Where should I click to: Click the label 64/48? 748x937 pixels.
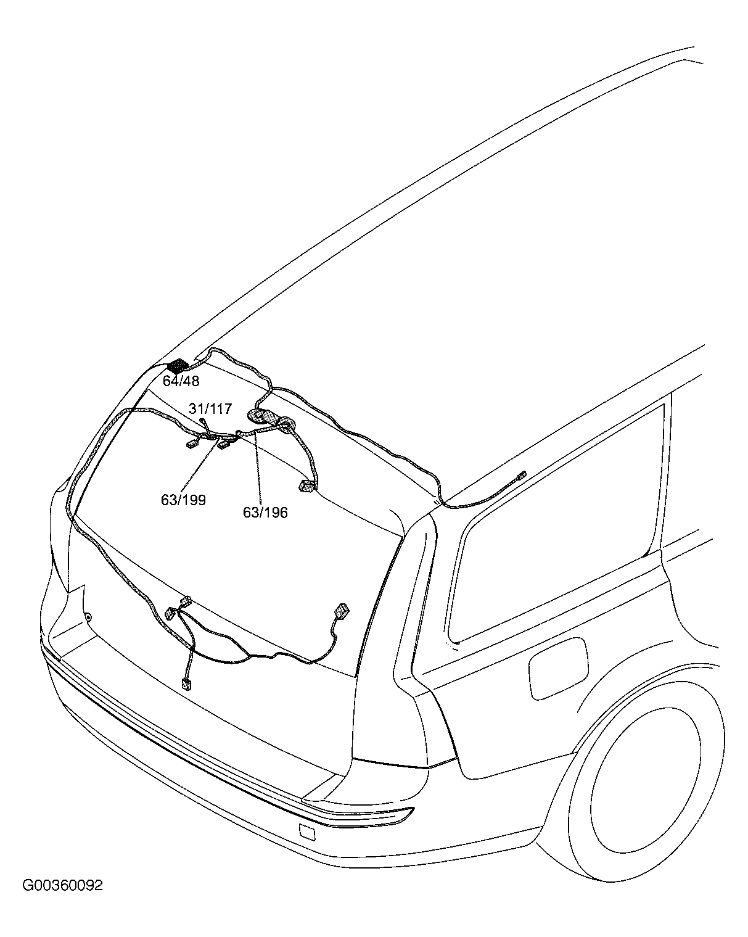coord(181,381)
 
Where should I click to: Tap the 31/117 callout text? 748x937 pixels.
coord(210,408)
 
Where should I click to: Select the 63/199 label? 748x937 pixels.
coord(183,500)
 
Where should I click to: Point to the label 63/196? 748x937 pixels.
coord(265,513)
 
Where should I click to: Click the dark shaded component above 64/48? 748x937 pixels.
coord(178,366)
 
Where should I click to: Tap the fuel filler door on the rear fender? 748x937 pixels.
coord(558,668)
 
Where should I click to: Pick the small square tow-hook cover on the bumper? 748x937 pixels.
coord(307,832)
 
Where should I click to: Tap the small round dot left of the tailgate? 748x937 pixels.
coord(88,617)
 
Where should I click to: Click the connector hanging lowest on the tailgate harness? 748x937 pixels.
coord(186,685)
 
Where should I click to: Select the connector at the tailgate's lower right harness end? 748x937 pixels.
coord(343,610)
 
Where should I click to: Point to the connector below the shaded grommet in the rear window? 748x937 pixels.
coord(307,486)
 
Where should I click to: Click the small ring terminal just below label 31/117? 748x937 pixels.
coord(202,419)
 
